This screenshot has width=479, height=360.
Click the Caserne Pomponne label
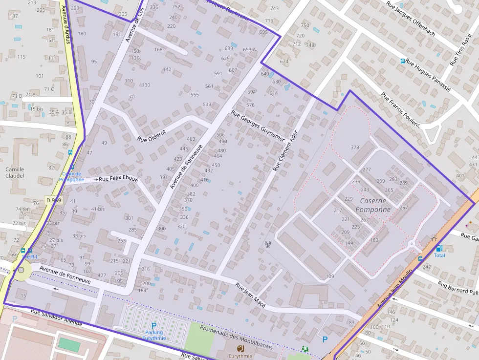click(373, 205)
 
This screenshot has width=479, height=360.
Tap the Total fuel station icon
click(438, 248)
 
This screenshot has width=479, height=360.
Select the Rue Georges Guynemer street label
click(258, 126)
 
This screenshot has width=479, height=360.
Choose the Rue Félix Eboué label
click(118, 179)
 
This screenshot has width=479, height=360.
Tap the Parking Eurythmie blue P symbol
click(154, 325)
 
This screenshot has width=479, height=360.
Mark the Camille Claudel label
click(15, 172)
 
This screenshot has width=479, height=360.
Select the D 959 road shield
click(54, 200)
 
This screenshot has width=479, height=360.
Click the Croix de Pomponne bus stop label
click(71, 176)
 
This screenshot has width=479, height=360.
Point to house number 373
click(355, 148)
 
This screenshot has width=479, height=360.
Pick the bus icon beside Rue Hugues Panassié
click(403, 61)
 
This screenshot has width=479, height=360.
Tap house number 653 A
click(249, 49)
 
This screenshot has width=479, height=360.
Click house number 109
click(330, 276)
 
